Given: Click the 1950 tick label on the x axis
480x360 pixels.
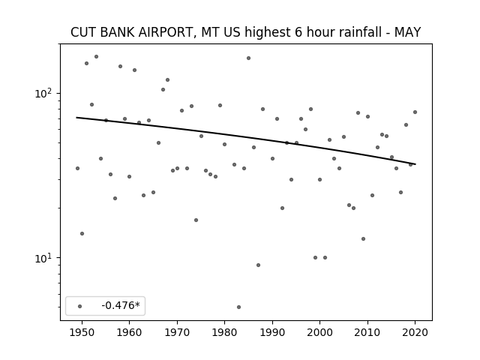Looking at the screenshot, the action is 82,332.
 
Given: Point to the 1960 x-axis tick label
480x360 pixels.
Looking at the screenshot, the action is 129,332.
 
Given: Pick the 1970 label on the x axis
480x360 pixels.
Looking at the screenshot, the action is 177,332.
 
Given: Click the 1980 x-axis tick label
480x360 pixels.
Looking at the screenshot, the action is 224,332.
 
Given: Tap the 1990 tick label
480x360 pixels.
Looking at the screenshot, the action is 272,332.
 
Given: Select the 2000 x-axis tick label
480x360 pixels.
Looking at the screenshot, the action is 320,332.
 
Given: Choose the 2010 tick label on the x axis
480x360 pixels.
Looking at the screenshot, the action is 367,332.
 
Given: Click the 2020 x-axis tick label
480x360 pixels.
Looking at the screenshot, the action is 415,332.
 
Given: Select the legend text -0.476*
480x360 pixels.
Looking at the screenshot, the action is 121,305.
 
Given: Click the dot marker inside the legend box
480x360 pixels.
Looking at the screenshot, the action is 80,306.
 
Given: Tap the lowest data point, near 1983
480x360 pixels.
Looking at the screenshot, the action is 238,307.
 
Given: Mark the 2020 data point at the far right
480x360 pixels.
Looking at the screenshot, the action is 415,112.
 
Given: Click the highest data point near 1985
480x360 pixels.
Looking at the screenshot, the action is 248,58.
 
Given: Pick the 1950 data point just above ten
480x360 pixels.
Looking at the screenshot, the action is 82,233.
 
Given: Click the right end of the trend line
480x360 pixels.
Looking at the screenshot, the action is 415,164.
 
